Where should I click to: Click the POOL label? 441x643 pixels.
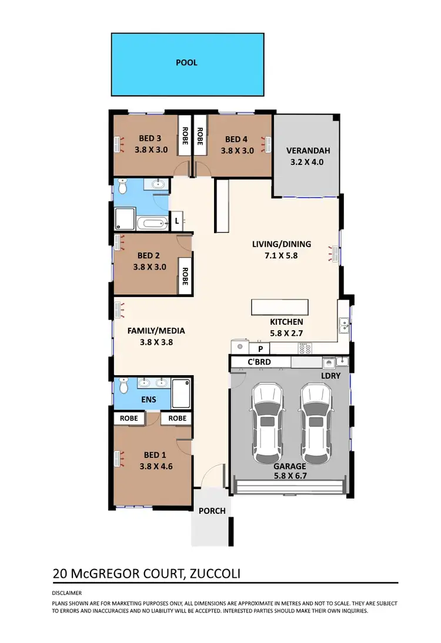click(186, 63)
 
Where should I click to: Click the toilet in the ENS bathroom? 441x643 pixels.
click(123, 386)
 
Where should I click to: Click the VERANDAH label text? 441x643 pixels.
click(305, 149)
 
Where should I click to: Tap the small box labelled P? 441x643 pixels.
click(259, 348)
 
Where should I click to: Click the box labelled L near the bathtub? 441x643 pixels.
click(177, 221)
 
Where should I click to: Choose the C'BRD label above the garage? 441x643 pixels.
click(259, 362)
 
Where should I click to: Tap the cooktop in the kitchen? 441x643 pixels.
click(305, 348)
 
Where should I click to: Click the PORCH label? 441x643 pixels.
click(212, 511)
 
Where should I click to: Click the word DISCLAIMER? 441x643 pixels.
click(67, 593)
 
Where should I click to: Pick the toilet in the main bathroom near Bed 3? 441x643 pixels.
click(123, 187)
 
